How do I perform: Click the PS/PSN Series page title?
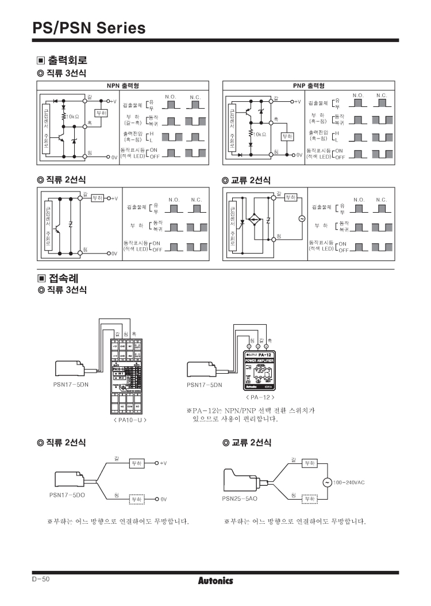tap(89, 27)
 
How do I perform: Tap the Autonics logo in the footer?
tap(215, 581)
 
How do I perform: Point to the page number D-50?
tap(41, 579)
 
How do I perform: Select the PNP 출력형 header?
tap(309, 86)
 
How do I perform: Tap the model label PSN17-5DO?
tap(67, 494)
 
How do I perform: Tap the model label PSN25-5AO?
tap(240, 498)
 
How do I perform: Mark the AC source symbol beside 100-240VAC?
tap(327, 482)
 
